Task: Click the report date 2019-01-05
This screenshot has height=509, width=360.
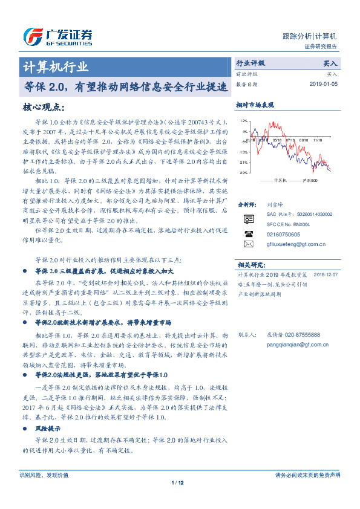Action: coord(323,84)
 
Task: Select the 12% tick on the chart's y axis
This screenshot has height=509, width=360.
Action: coord(243,121)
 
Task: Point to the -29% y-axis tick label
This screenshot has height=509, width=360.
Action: coord(243,173)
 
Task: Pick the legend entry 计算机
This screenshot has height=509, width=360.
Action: coord(280,180)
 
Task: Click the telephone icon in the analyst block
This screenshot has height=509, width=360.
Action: coord(248,233)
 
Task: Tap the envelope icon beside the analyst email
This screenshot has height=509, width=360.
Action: coord(248,244)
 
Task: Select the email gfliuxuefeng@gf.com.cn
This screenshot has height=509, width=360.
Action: coord(288,245)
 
